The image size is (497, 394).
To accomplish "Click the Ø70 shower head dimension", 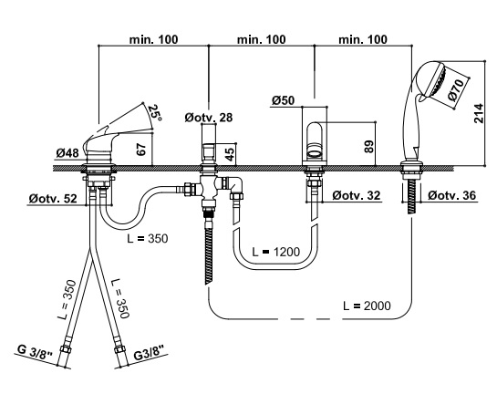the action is coord(457,89).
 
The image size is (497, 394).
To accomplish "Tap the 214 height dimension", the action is coord(479,113).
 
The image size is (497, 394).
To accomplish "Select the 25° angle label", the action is coord(155,113).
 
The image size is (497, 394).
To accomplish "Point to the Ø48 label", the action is coord(67,153).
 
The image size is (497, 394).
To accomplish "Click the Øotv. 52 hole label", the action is coord(53,199).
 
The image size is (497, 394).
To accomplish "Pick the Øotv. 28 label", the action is coord(209,118).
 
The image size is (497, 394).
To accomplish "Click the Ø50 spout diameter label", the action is coord(283,100).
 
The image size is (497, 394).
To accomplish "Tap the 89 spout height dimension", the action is coord(369,147).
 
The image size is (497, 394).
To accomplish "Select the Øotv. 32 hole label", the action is coord(357,195).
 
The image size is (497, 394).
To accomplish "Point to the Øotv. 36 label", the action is coord(452,195).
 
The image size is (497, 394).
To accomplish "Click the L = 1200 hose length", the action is coord(275,252).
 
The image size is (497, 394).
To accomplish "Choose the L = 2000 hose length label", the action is coord(367,306).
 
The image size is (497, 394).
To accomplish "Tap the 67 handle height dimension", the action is coord(141,150).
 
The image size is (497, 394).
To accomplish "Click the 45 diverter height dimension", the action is coord(231,153).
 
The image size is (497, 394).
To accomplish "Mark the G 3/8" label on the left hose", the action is coord(35,352).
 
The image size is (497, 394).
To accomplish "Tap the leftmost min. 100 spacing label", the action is coord(154,39).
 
